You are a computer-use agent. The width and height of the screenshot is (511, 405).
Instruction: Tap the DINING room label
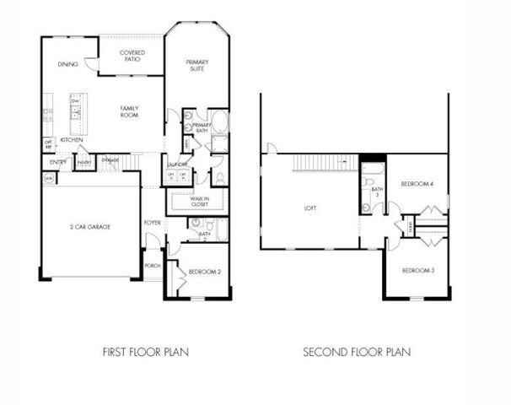point(67,65)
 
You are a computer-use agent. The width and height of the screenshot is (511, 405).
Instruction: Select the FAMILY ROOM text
point(129,111)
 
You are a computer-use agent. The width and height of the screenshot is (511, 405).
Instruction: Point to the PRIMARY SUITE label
point(197,65)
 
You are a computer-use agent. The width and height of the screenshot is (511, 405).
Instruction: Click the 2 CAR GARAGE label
point(89,227)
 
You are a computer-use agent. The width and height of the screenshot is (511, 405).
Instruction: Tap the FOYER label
point(152,223)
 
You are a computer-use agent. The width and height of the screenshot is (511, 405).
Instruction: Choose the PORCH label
point(153,265)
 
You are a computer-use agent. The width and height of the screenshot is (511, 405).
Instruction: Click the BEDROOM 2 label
point(205,272)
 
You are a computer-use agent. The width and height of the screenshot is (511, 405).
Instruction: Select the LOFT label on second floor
point(309,208)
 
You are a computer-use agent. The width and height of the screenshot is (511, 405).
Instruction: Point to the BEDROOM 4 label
point(417,183)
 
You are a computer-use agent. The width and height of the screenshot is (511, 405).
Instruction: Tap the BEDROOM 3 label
point(417,270)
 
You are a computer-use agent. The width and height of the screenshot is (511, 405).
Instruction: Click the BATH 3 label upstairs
point(377,192)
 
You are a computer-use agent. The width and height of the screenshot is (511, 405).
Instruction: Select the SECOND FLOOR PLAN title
point(357,351)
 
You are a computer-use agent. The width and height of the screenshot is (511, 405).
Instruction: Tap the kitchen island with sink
point(75,114)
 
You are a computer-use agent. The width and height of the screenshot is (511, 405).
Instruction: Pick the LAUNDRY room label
point(177,165)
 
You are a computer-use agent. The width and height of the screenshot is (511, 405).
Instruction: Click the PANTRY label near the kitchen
point(84,160)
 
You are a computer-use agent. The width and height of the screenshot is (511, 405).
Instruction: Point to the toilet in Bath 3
point(367,207)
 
